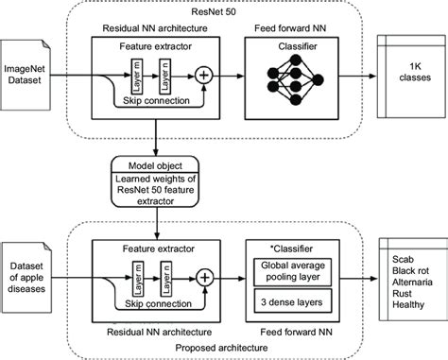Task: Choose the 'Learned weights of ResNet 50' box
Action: coord(153,188)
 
